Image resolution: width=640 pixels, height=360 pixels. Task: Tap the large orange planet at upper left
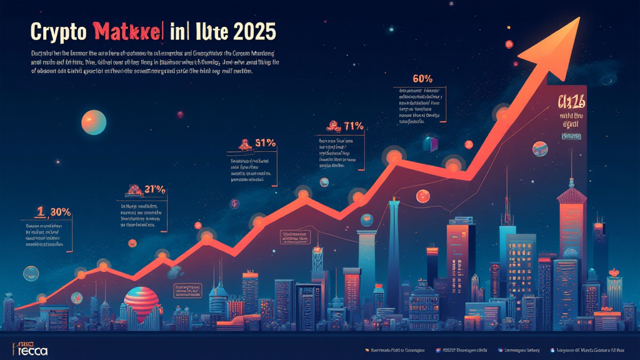(93, 121)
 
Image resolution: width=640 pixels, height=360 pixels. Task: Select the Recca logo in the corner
(29, 348)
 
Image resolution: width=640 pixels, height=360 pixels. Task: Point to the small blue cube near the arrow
(431, 143)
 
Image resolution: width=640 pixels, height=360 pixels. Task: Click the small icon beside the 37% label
(132, 188)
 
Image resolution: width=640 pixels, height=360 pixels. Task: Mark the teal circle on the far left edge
(30, 273)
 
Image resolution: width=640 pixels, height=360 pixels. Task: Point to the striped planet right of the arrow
(540, 149)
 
